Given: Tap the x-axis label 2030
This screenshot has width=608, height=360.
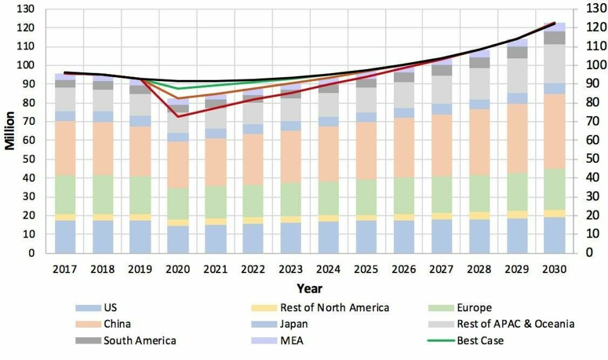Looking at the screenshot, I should click(x=555, y=269).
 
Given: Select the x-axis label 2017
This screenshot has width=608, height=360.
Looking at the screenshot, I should click(x=65, y=269).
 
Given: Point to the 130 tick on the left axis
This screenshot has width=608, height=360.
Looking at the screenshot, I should click(x=34, y=9).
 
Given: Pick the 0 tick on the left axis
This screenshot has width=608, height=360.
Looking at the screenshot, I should click(x=39, y=253).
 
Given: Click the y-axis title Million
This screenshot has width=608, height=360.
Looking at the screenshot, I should click(x=10, y=131).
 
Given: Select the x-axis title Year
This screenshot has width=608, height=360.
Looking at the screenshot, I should click(x=310, y=289).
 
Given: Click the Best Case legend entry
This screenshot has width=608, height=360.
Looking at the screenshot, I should click(x=480, y=340).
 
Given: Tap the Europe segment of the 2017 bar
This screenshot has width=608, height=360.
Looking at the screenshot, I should click(x=65, y=195).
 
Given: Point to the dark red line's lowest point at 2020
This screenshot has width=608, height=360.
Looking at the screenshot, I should click(x=177, y=117).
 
